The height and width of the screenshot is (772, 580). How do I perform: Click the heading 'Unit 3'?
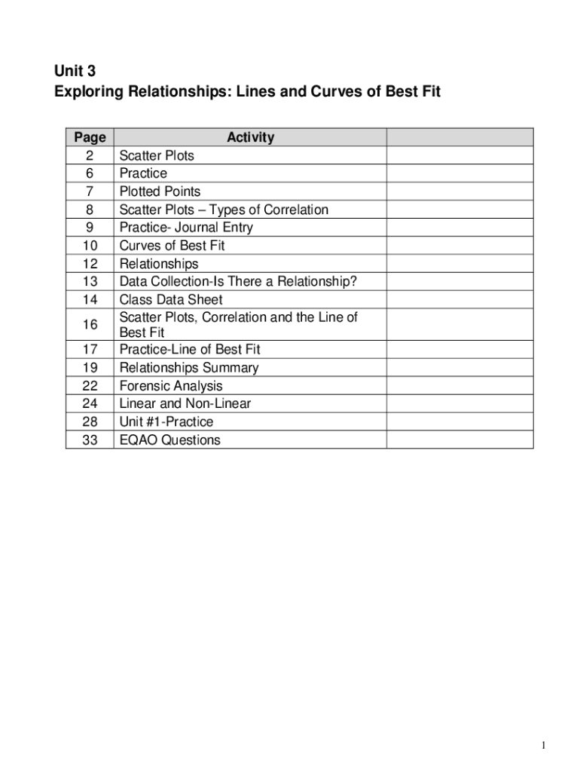[75, 72]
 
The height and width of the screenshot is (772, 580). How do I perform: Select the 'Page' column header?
[90, 137]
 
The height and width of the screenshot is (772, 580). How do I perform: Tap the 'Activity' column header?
[250, 137]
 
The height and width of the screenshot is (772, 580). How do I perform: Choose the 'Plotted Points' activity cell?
[160, 191]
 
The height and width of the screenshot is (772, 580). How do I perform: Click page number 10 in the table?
[90, 246]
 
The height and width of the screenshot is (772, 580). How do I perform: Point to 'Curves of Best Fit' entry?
[172, 246]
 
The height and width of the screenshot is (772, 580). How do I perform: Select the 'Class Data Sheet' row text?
[171, 299]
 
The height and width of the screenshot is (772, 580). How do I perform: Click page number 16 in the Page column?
[90, 325]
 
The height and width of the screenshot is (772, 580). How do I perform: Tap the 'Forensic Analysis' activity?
[171, 386]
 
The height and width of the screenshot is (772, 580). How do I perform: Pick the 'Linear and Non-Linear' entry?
[185, 403]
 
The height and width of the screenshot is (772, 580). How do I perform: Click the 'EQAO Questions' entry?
[169, 440]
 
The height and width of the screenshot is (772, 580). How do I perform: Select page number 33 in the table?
[90, 440]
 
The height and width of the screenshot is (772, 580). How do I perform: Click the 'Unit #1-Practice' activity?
[166, 421]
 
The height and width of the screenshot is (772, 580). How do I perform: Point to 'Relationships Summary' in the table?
[189, 368]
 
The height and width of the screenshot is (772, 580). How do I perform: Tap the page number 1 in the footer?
[543, 746]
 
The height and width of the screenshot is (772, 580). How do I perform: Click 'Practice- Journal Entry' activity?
[186, 228]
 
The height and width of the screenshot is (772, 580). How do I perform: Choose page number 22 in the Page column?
[90, 386]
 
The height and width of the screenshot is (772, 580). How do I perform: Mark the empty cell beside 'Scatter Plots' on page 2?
[459, 155]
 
